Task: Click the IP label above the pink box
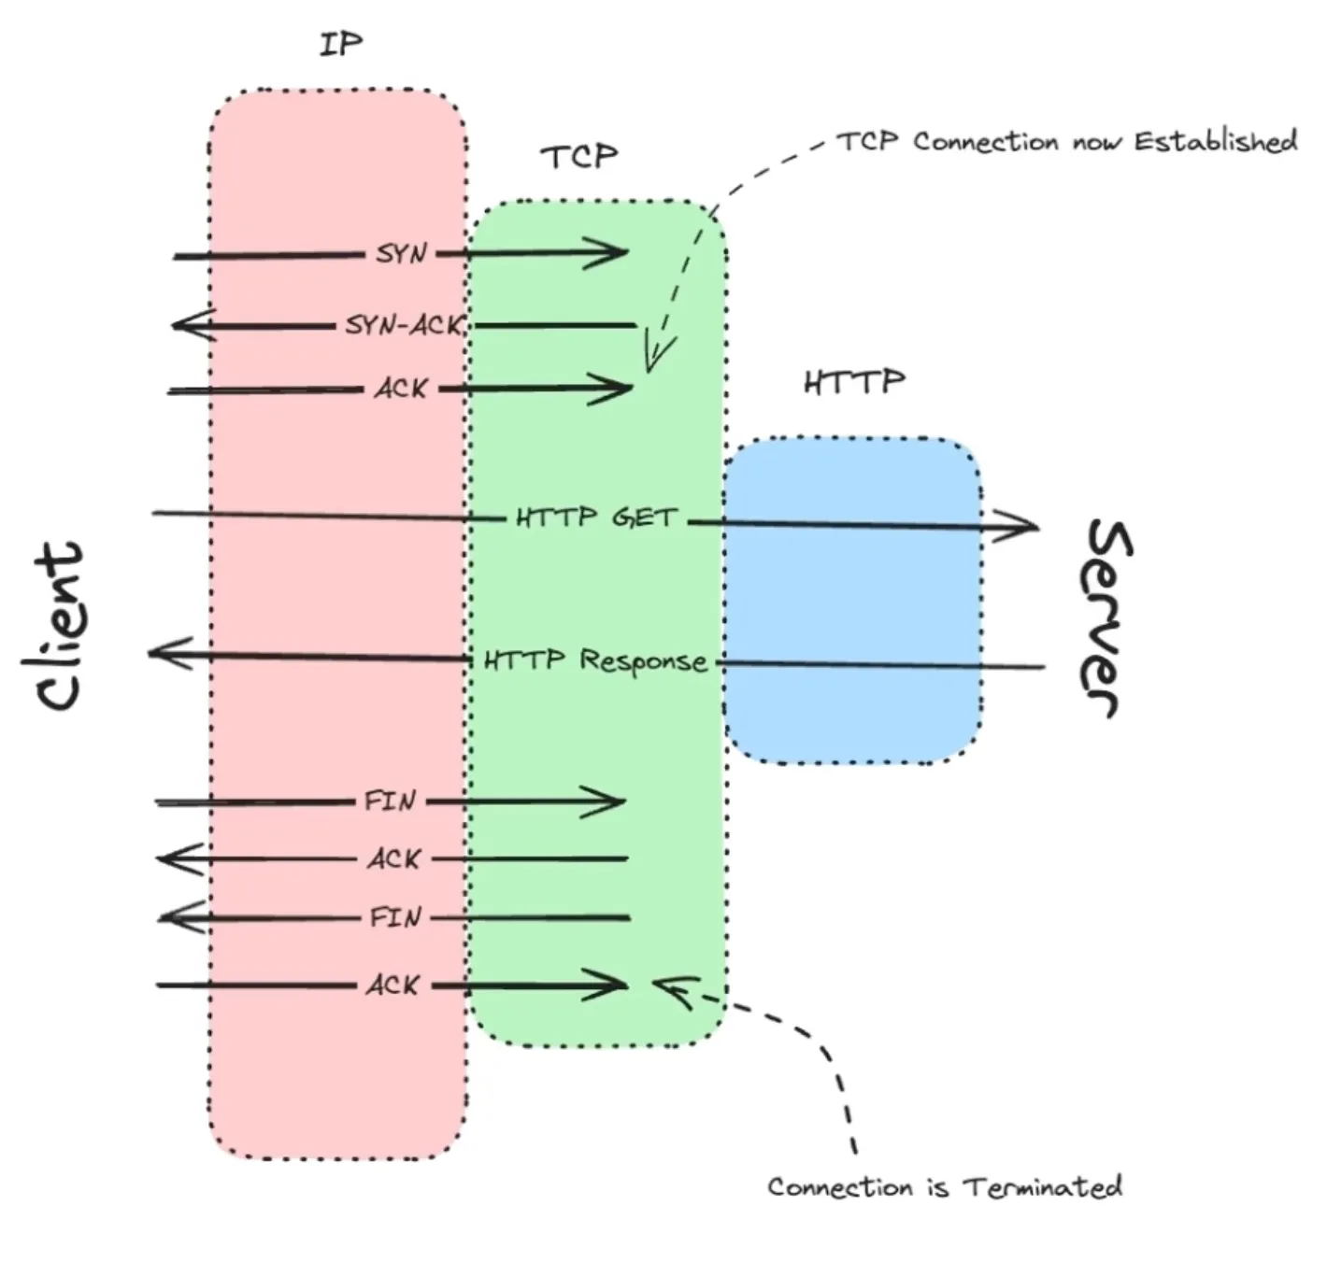[340, 44]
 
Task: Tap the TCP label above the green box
[579, 156]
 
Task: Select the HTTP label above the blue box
[854, 381]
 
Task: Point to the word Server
[1108, 618]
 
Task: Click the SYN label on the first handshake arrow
[402, 253]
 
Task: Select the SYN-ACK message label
[404, 325]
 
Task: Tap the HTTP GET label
[596, 517]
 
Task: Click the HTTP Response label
[595, 660]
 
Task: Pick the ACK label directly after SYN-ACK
[402, 388]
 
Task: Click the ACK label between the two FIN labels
[393, 858]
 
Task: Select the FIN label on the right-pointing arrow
[390, 801]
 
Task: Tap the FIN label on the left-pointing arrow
[395, 917]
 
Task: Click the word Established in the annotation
[1216, 142]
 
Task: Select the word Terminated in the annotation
[1043, 1187]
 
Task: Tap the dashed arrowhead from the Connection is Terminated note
[665, 986]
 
